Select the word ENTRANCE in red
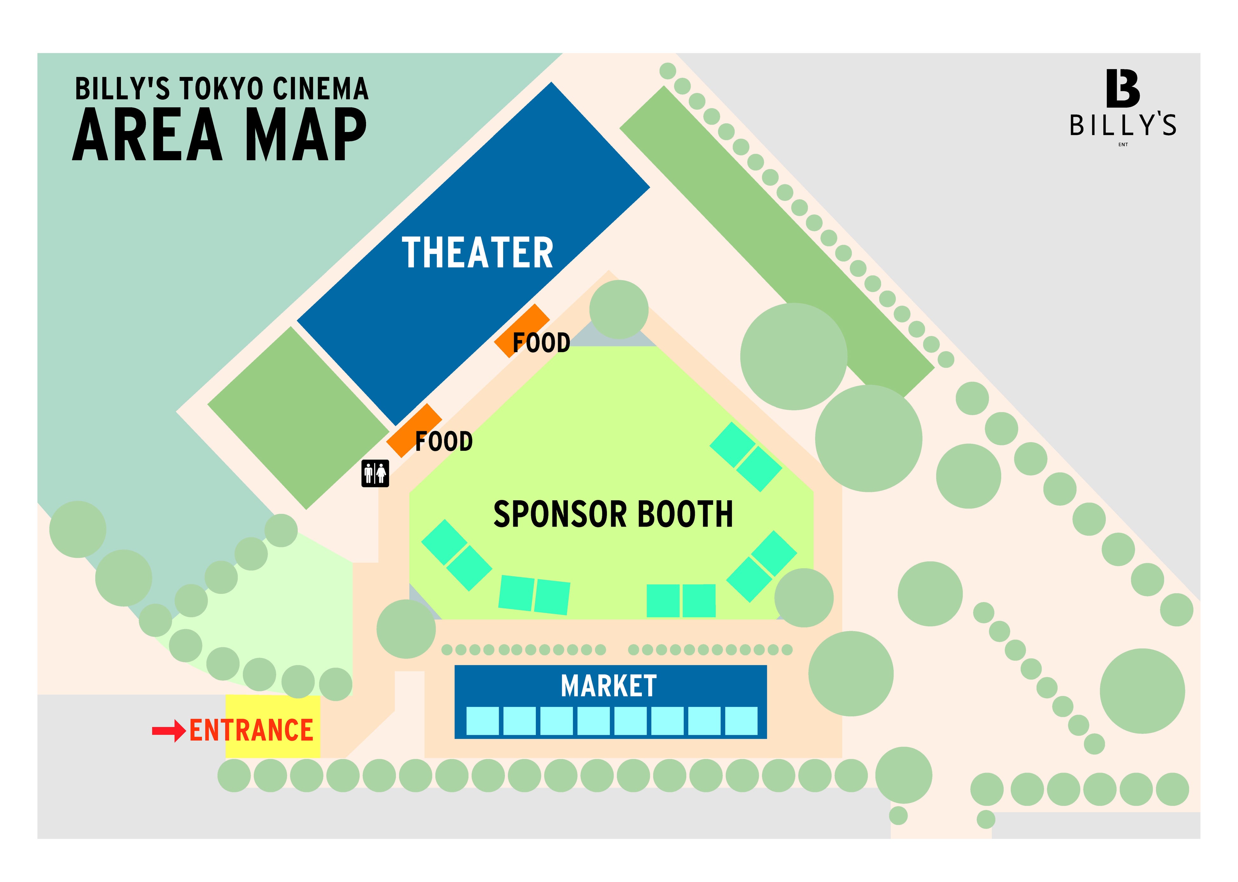coord(251,730)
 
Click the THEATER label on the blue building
coord(477,253)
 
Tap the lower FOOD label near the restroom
coord(443,442)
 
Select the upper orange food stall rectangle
coord(521,330)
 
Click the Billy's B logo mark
coord(1122,89)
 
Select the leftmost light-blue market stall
coord(482,721)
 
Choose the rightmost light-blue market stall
coord(741,721)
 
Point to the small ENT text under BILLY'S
coord(1123,144)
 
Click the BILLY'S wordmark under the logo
coord(1123,125)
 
